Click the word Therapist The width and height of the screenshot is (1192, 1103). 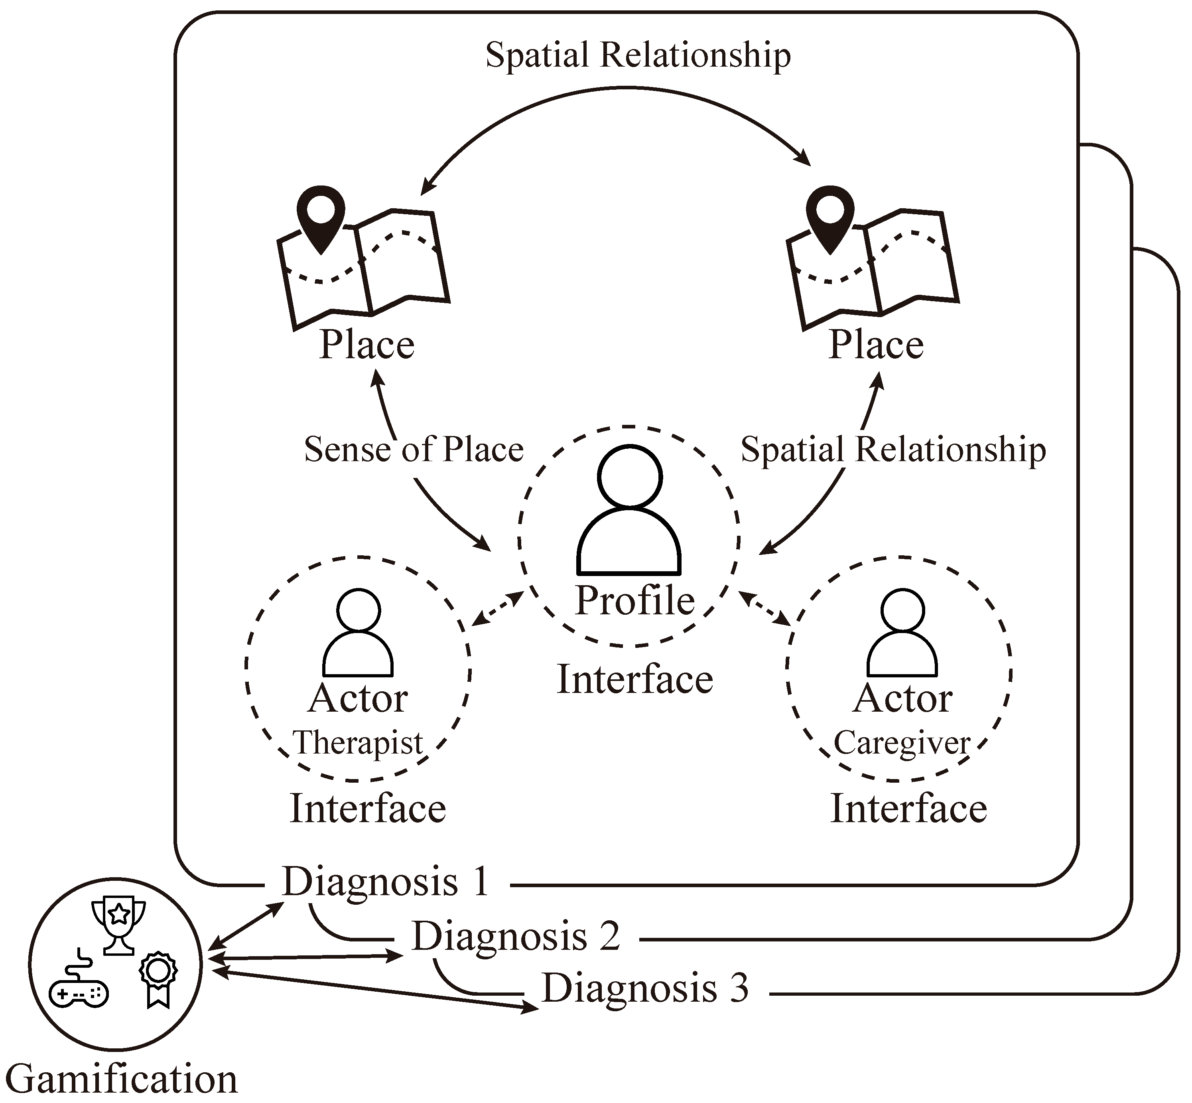[358, 744]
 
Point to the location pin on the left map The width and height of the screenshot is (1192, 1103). [321, 220]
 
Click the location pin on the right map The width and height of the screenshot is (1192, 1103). [830, 220]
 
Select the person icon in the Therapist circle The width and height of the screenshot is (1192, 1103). [358, 633]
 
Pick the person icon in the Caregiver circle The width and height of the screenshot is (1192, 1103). [902, 633]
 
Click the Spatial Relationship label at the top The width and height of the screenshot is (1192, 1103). [638, 55]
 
